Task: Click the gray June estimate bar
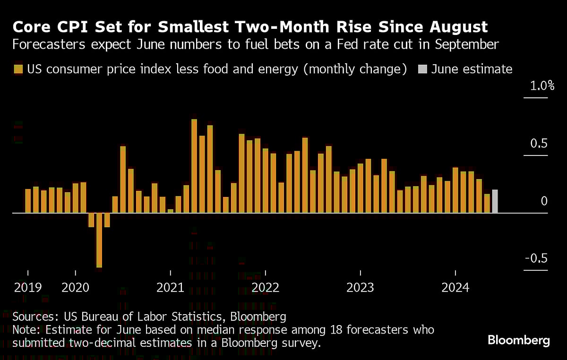(x=495, y=201)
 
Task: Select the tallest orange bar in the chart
(x=194, y=166)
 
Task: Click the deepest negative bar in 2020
(x=99, y=240)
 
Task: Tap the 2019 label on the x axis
(x=27, y=287)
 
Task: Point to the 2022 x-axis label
(x=266, y=287)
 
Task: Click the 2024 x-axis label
(x=455, y=287)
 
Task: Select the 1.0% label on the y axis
(x=535, y=86)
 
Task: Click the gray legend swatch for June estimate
(x=422, y=69)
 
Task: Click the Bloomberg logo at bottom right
(x=518, y=340)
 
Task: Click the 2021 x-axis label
(x=171, y=287)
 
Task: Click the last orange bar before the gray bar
(x=487, y=203)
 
